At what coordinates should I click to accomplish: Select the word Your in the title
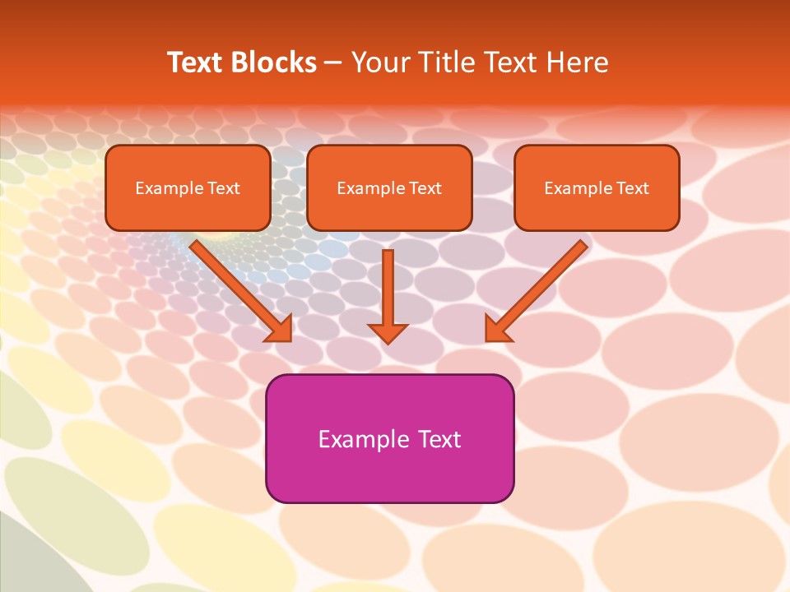coord(380,62)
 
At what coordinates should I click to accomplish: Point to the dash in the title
coord(333,63)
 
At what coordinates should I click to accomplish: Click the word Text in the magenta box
coord(439,439)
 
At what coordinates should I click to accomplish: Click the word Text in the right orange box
coord(633,188)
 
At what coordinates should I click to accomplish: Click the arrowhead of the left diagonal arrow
coord(280,329)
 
